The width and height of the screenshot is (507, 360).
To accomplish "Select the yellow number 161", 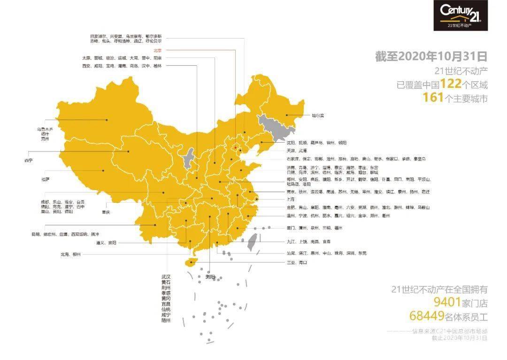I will [x=433, y=98].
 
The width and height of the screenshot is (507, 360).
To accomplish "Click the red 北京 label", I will [x=157, y=50].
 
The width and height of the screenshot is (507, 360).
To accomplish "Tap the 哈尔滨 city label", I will [x=318, y=115].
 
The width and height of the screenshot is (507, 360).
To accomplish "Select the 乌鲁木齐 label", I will [x=46, y=129].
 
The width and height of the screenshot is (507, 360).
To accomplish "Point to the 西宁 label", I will [x=29, y=161].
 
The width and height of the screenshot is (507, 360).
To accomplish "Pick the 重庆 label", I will [x=106, y=212].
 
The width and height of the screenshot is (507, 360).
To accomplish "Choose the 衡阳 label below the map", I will [x=209, y=277].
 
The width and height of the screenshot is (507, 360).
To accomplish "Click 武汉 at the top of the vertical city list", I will [x=166, y=277].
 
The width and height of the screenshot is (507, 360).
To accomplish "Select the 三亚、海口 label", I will [x=296, y=262].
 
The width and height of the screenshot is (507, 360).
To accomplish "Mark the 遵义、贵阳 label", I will [x=106, y=243].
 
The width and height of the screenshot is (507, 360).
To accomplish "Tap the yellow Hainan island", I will [x=190, y=262].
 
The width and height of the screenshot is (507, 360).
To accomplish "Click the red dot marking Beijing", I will [x=236, y=147].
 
